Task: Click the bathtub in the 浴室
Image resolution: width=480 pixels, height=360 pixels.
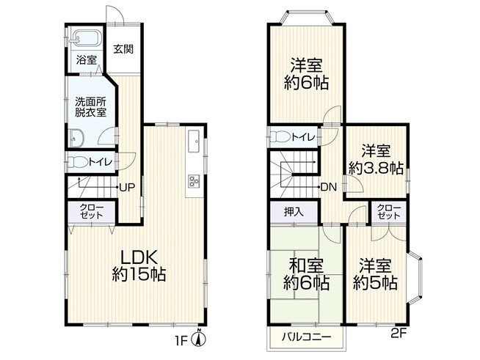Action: click(x=85, y=39)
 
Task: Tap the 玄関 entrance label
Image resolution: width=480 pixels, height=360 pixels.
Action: click(x=124, y=49)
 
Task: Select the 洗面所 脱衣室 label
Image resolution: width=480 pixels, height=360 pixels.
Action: click(x=91, y=107)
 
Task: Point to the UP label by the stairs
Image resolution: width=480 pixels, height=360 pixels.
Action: click(x=127, y=187)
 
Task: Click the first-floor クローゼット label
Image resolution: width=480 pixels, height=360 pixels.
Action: click(x=92, y=211)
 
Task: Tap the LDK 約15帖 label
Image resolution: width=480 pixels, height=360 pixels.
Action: click(x=139, y=265)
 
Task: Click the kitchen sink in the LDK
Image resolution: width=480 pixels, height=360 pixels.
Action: click(x=194, y=141)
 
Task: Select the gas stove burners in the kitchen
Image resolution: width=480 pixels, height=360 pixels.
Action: click(x=194, y=180)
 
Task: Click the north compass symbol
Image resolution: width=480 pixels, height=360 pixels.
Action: click(x=199, y=339)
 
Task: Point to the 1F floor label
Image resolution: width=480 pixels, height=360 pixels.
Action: click(x=181, y=341)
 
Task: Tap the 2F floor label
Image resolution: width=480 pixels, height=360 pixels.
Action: click(x=399, y=333)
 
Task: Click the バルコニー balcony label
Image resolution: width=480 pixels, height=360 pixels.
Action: click(x=307, y=337)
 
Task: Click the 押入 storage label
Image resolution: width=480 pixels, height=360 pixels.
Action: click(x=294, y=212)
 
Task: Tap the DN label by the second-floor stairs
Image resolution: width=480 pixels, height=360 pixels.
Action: click(x=329, y=187)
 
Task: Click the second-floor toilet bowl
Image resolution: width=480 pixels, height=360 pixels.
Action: click(x=280, y=136)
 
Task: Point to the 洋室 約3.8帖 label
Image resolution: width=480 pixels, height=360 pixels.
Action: click(x=376, y=159)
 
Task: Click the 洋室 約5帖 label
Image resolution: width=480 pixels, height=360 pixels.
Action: click(x=375, y=274)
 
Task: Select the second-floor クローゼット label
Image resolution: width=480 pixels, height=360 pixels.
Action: click(x=389, y=212)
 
